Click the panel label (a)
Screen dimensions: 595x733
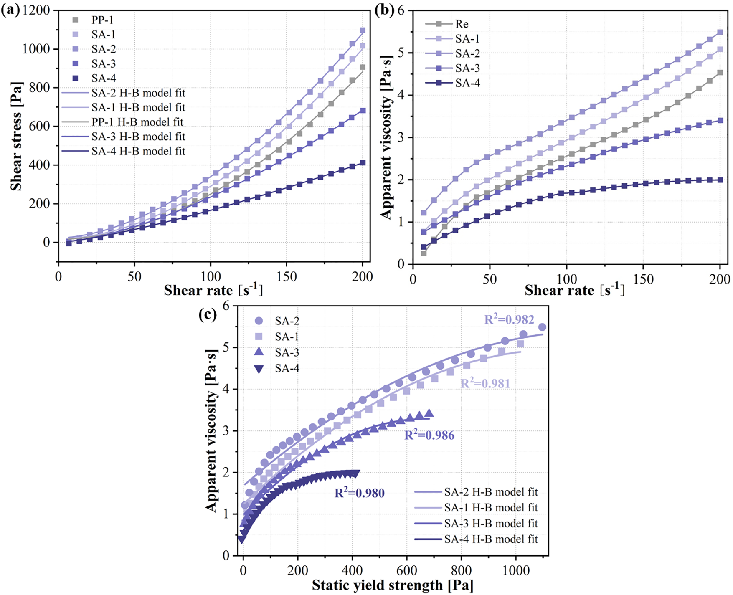10,10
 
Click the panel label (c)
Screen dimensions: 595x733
208,314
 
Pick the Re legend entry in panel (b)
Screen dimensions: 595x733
462,24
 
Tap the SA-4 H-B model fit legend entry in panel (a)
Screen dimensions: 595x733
138,151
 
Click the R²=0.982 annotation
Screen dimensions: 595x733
509,319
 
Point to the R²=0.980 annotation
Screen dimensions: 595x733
359,493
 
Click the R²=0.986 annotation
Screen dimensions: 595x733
429,435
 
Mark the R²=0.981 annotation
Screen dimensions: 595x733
485,383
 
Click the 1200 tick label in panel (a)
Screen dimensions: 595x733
36,10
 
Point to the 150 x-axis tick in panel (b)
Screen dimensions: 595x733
643,279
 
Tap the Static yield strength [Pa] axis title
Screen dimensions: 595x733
392,585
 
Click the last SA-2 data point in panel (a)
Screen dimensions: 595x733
362,30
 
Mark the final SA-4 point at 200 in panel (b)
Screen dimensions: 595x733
720,180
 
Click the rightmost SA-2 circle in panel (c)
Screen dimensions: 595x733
542,327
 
